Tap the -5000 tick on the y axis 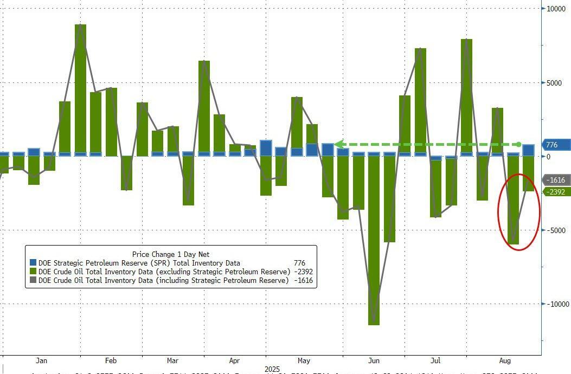(555, 230)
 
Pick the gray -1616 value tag (556, 180)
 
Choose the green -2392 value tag (556, 192)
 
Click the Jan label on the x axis (41, 360)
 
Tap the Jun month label (374, 360)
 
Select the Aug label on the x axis (505, 360)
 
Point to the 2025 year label (273, 369)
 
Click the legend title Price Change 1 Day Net (171, 254)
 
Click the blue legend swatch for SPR (33, 263)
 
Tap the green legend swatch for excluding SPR (33, 272)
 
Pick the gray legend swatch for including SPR (33, 280)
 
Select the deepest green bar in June (374, 244)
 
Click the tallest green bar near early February (80, 87)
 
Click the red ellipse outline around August (499, 211)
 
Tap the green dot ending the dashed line (519, 144)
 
